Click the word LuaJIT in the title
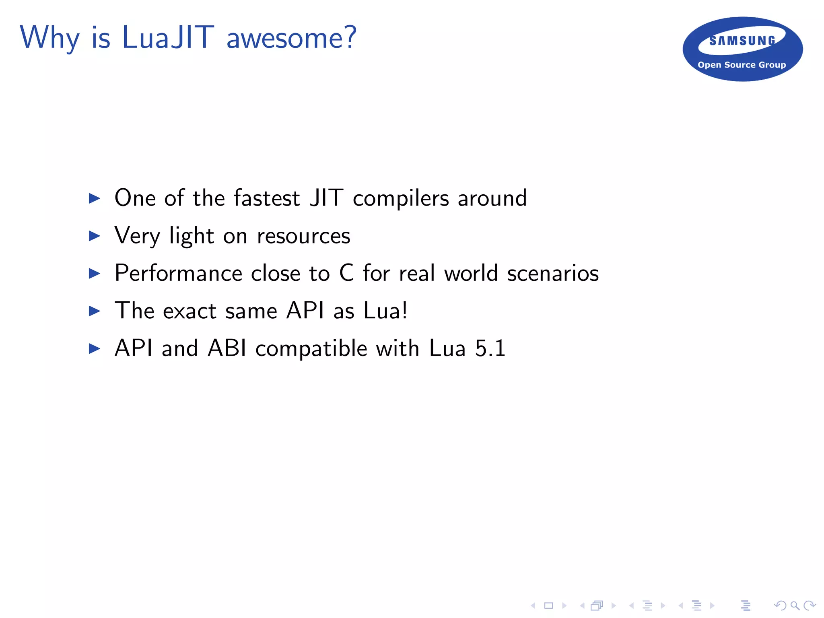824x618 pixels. point(168,37)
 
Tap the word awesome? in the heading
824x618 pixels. point(291,38)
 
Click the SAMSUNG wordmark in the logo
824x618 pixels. point(742,41)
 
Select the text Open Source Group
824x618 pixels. point(742,65)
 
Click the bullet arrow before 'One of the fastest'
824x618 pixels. point(94,198)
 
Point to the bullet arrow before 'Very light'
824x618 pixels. point(94,236)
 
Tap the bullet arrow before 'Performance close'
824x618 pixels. point(94,274)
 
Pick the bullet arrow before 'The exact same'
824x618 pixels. point(94,311)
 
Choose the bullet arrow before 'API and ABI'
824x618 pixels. point(94,348)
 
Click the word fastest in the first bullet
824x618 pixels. point(267,198)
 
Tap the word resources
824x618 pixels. point(303,236)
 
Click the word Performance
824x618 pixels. point(178,273)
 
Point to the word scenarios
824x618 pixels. point(553,273)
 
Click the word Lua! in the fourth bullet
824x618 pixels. point(385,311)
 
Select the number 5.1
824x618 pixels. point(490,348)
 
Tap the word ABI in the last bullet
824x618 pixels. point(227,348)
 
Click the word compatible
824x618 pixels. point(311,349)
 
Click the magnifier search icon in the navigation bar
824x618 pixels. point(795,605)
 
